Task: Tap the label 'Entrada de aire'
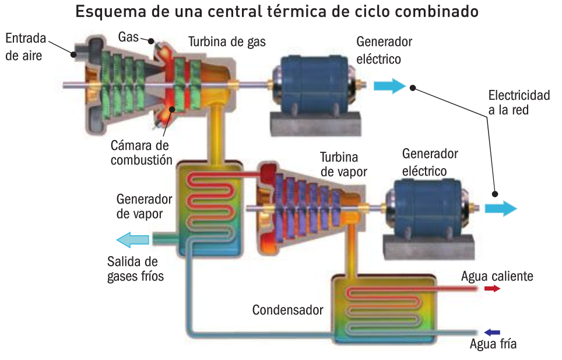click(x=26, y=47)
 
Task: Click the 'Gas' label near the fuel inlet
click(x=128, y=37)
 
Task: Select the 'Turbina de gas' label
click(x=227, y=42)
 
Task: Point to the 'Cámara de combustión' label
click(x=141, y=153)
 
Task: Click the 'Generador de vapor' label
click(x=144, y=207)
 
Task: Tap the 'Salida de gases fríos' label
click(x=135, y=269)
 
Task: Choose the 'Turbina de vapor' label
click(x=344, y=165)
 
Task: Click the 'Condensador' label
click(x=287, y=310)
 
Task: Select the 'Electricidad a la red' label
click(x=519, y=103)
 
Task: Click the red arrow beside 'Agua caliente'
click(x=492, y=289)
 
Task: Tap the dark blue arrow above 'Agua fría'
click(x=492, y=333)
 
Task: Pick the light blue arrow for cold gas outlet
click(x=132, y=240)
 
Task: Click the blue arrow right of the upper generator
click(x=389, y=86)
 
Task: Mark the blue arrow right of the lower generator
click(x=501, y=208)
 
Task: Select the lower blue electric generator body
click(x=428, y=207)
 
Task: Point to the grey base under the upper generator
click(x=315, y=124)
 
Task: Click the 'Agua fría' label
click(x=493, y=344)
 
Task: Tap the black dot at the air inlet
click(x=73, y=54)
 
